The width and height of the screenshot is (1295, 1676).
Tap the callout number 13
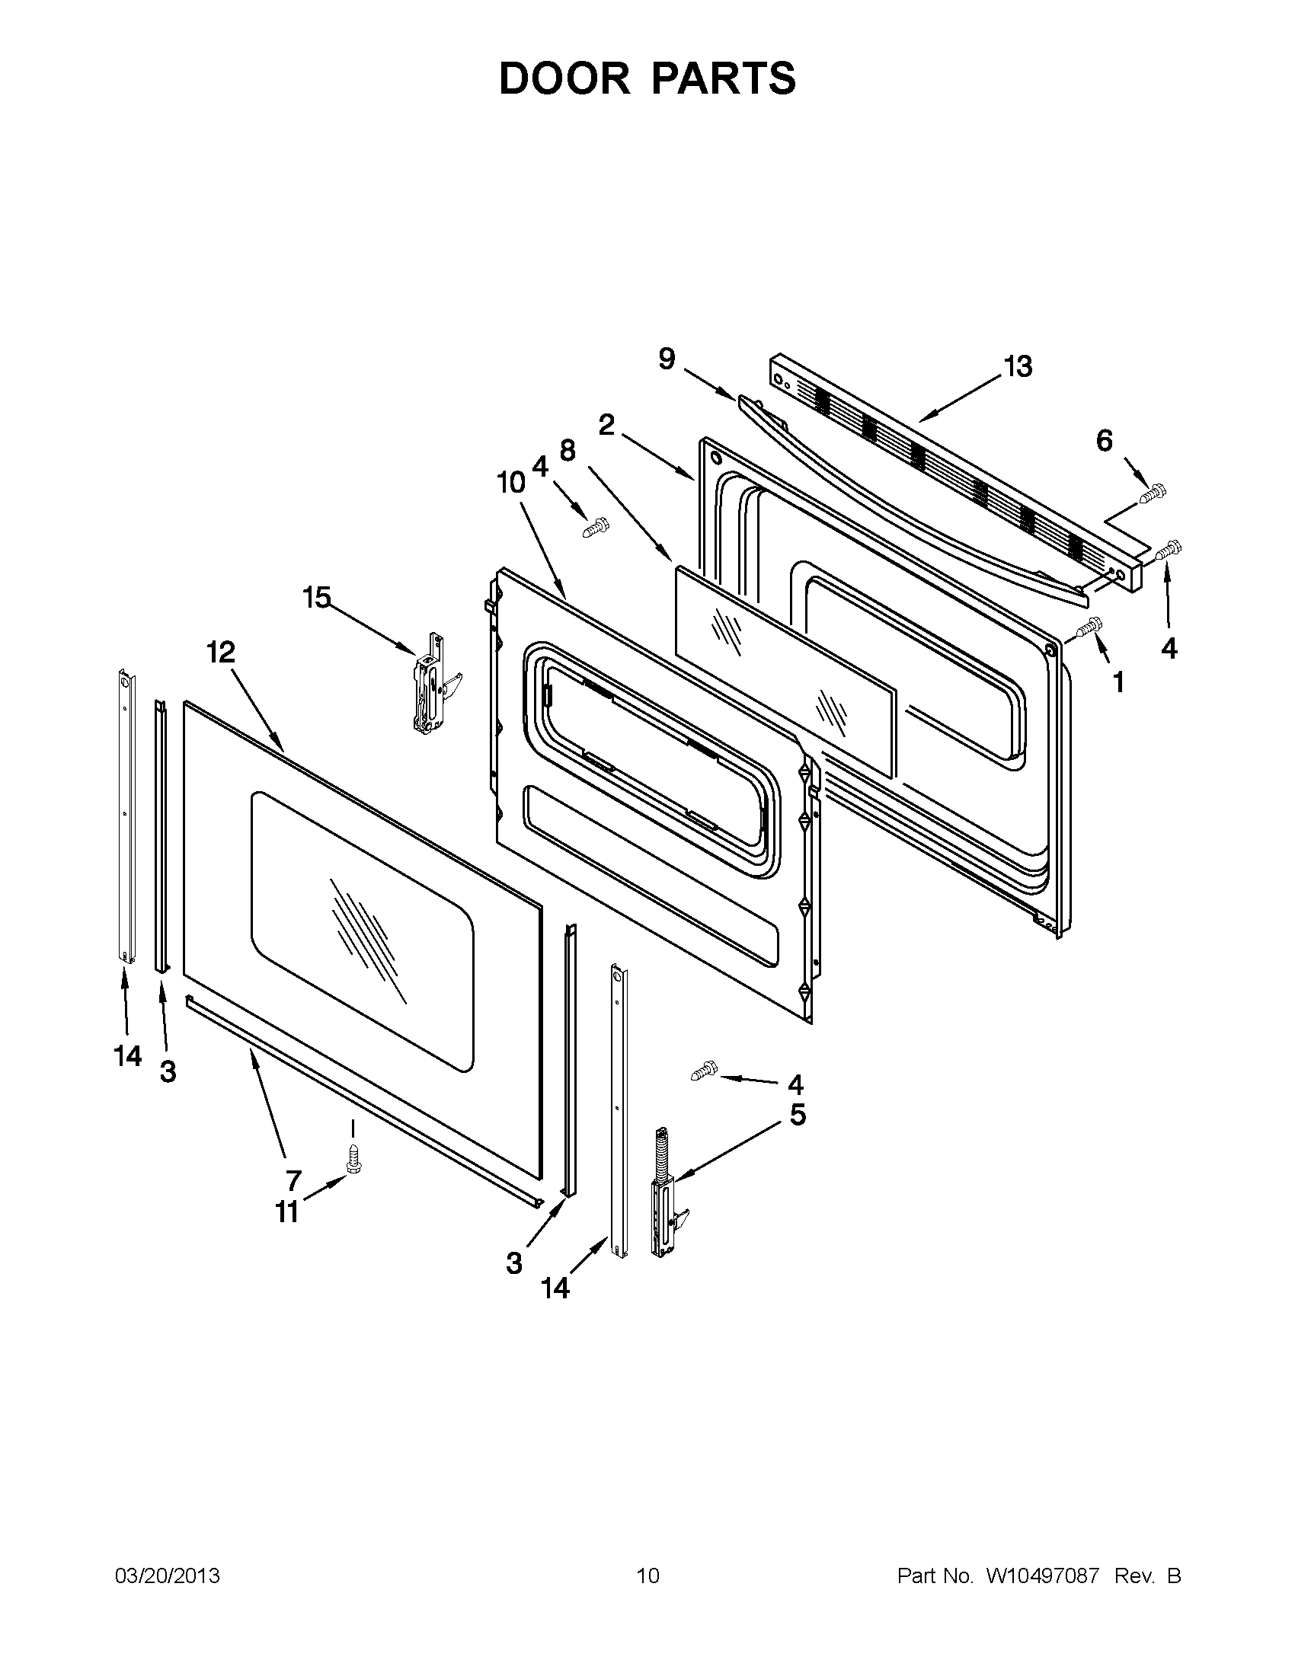pyautogui.click(x=1018, y=367)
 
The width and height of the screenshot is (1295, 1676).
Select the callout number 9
pyautogui.click(x=667, y=359)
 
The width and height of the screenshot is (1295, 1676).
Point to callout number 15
pyautogui.click(x=317, y=597)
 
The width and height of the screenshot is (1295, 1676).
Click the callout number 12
pyautogui.click(x=220, y=653)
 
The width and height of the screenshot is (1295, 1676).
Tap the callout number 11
pyautogui.click(x=287, y=1212)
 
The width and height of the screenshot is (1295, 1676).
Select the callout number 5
pyautogui.click(x=798, y=1115)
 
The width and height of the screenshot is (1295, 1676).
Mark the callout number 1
pyautogui.click(x=1118, y=681)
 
